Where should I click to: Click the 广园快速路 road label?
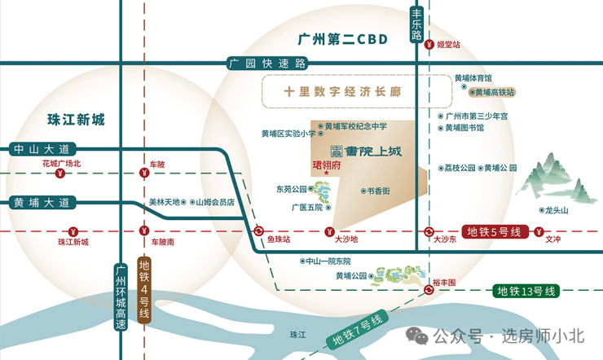click(x=267, y=63)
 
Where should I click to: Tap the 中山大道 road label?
click(x=42, y=149)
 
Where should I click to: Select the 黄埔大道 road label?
click(x=42, y=203)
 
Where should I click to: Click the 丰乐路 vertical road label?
click(x=416, y=24)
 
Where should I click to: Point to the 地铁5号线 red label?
click(x=495, y=231)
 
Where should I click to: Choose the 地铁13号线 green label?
click(x=526, y=292)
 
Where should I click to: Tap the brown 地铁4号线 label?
click(x=144, y=290)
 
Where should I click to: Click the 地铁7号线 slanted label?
click(x=357, y=330)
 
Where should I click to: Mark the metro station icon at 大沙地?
click(x=329, y=231)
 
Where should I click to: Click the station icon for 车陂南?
click(x=144, y=231)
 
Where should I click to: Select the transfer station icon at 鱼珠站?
click(x=258, y=231)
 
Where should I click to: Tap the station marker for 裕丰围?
click(x=429, y=290)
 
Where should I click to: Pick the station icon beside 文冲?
click(x=539, y=231)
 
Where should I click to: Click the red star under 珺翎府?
click(x=327, y=173)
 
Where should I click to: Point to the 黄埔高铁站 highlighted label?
click(x=492, y=92)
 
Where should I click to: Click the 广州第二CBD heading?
click(x=342, y=39)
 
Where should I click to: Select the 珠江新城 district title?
click(x=76, y=120)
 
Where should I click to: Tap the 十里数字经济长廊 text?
click(x=342, y=92)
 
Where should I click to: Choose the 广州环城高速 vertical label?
click(x=121, y=297)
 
